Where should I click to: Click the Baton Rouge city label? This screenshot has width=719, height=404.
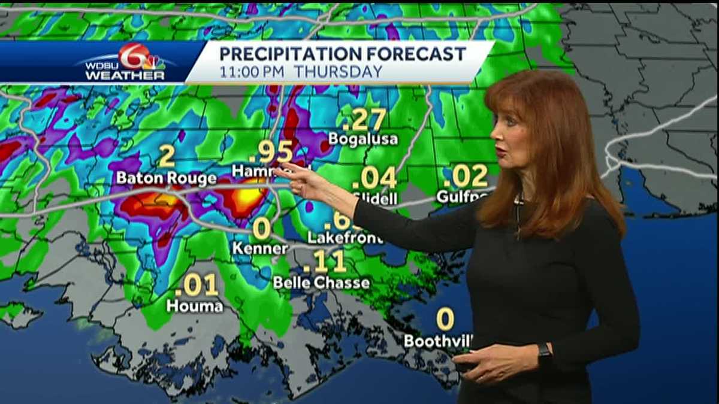[166, 178]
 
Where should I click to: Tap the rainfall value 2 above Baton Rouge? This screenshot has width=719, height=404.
[167, 157]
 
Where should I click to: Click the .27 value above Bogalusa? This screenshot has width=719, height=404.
[364, 120]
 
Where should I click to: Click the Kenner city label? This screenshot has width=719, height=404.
[261, 248]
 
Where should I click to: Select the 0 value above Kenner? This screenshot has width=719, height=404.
[261, 228]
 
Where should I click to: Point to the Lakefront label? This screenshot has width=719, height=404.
[337, 238]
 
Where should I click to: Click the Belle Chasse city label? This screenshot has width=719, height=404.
[321, 282]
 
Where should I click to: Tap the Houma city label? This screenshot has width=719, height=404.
[195, 306]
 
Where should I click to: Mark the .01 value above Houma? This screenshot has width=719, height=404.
[196, 285]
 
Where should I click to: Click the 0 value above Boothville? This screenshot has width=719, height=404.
[445, 319]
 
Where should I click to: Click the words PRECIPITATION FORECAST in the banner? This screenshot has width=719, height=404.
[342, 54]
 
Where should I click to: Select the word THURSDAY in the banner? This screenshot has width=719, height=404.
[338, 72]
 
